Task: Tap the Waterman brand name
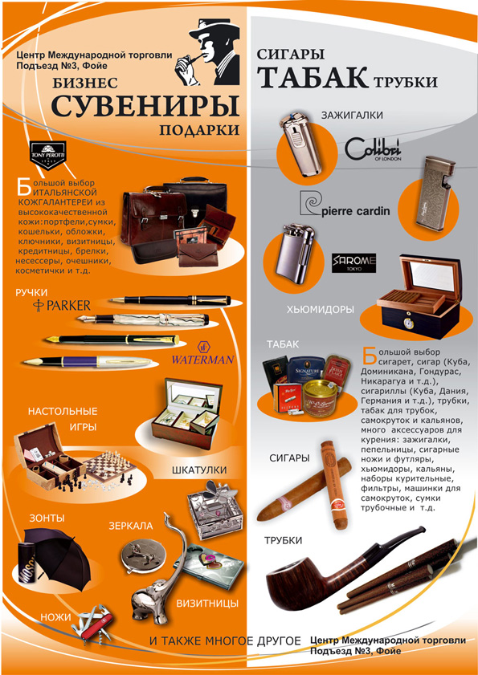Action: click(202, 359)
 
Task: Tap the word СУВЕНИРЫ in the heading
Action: click(145, 106)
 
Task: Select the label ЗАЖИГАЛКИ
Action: click(351, 116)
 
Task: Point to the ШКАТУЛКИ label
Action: click(198, 470)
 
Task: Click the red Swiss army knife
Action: click(92, 624)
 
